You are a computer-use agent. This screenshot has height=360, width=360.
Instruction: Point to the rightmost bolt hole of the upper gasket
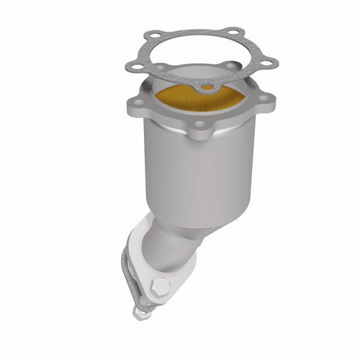271,63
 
